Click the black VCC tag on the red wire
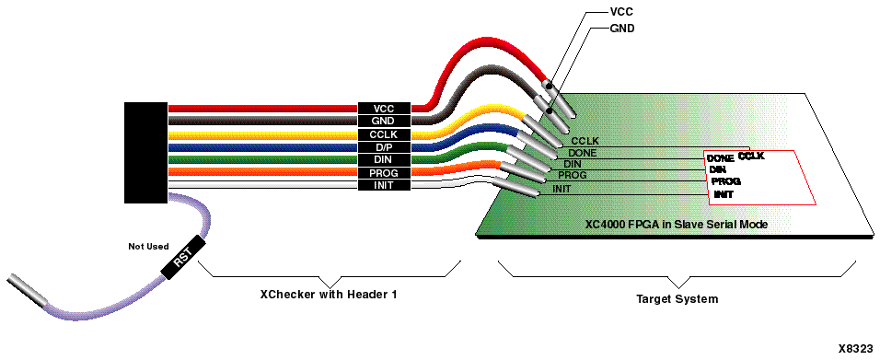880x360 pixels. (x=383, y=109)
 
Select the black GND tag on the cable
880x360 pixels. (x=383, y=122)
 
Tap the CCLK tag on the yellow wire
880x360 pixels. (x=383, y=134)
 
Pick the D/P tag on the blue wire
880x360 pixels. (x=383, y=147)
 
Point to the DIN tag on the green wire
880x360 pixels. (x=383, y=160)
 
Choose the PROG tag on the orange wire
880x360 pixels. (x=383, y=173)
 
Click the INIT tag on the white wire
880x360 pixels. (x=383, y=186)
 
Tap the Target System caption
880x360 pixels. (x=677, y=299)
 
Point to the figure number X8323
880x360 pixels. (x=857, y=349)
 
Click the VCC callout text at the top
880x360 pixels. (x=621, y=13)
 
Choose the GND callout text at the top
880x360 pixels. (x=622, y=29)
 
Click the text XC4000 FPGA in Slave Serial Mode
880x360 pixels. (x=677, y=225)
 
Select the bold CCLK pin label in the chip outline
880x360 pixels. (x=751, y=157)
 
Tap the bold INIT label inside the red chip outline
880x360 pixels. (x=724, y=194)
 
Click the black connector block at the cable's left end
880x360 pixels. (x=145, y=152)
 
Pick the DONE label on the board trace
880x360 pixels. (x=583, y=153)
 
